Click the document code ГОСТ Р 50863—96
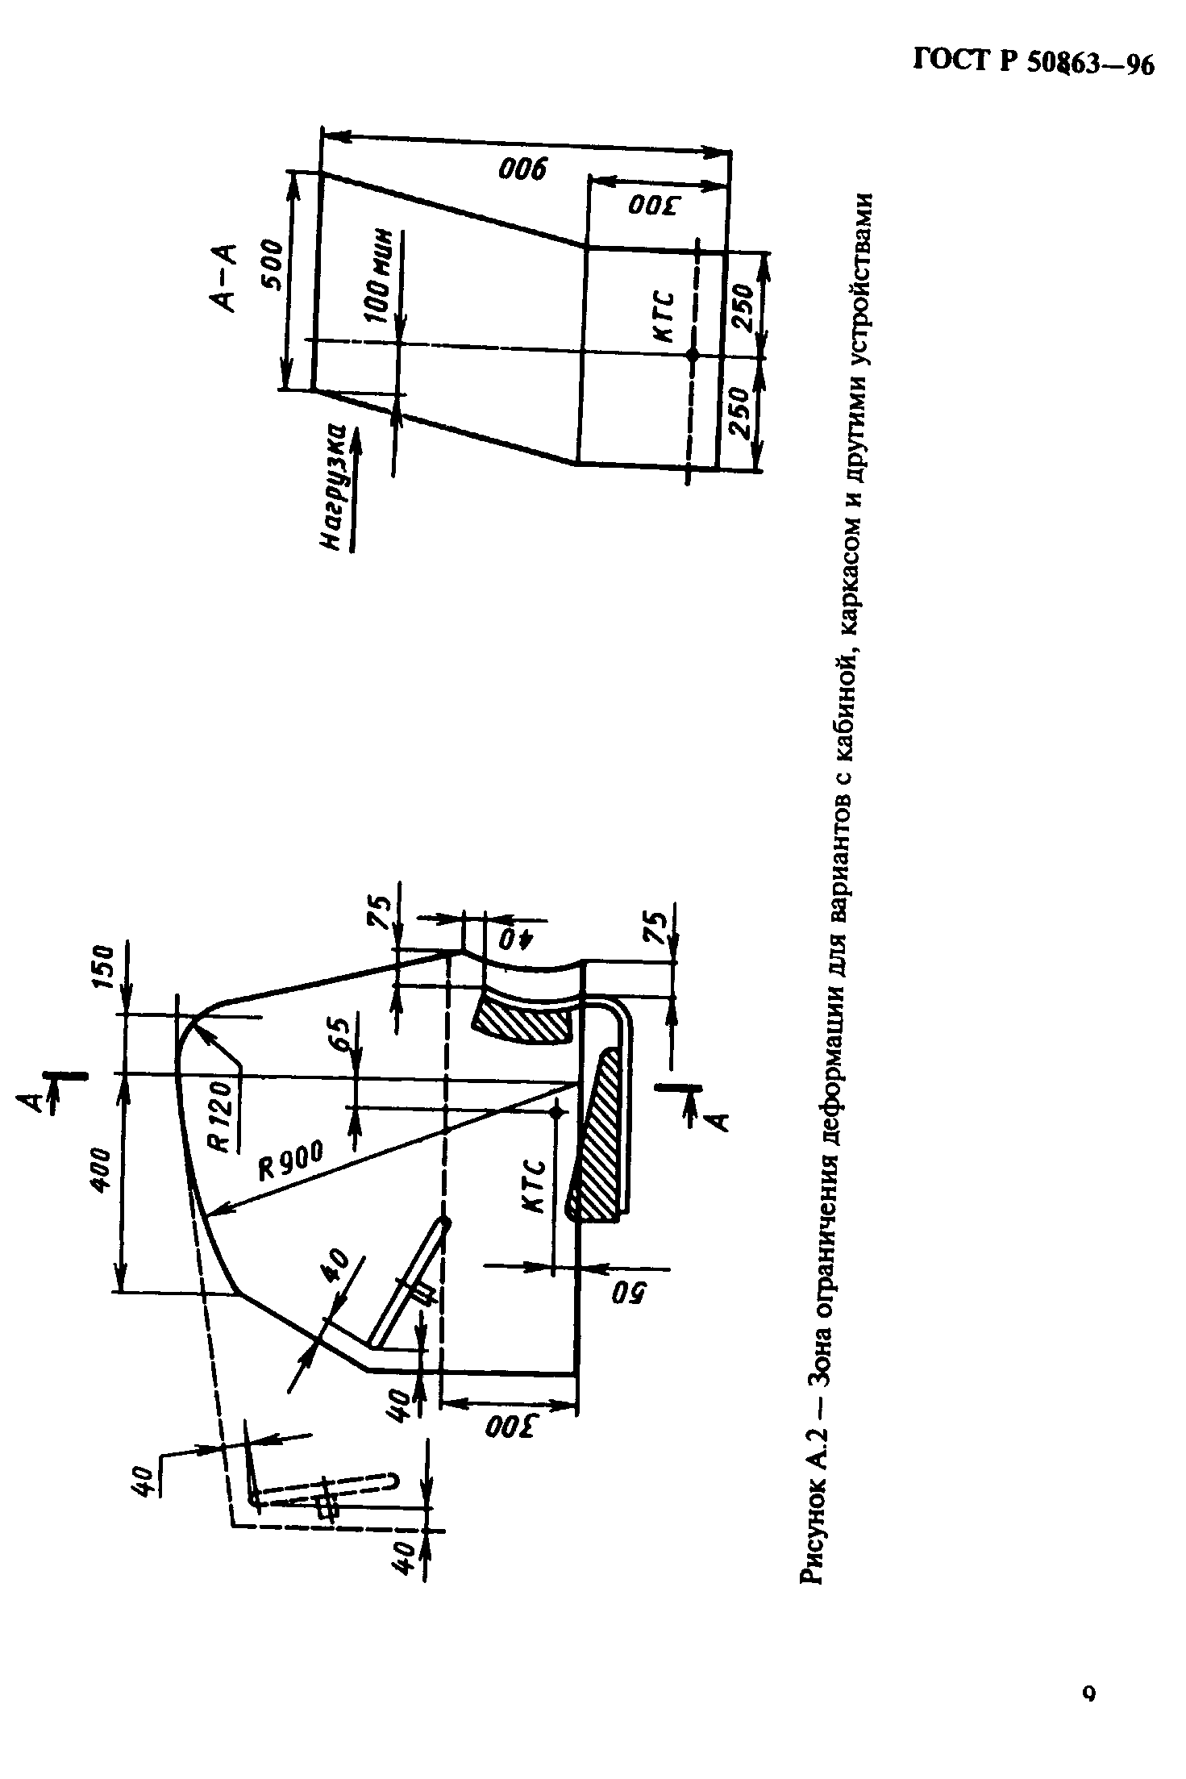point(1034,60)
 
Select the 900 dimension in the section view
point(522,169)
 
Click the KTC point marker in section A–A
point(692,354)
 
